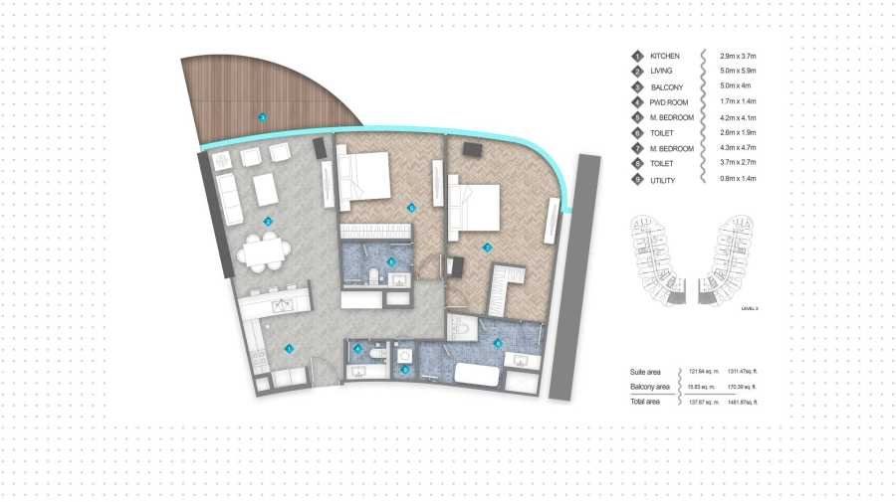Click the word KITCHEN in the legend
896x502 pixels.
pyautogui.click(x=665, y=56)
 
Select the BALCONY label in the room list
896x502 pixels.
pyautogui.click(x=666, y=86)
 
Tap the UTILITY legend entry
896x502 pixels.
pyautogui.click(x=663, y=179)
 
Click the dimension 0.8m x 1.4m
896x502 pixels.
pyautogui.click(x=739, y=179)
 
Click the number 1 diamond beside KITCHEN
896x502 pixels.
pyautogui.click(x=637, y=56)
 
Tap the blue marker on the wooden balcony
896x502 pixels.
pyautogui.click(x=262, y=117)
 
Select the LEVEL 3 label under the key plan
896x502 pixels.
pyautogui.click(x=750, y=309)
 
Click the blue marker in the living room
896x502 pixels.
pyautogui.click(x=268, y=221)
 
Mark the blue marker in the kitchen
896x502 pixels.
pyautogui.click(x=289, y=348)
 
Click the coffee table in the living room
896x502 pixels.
pyautogui.click(x=266, y=188)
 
